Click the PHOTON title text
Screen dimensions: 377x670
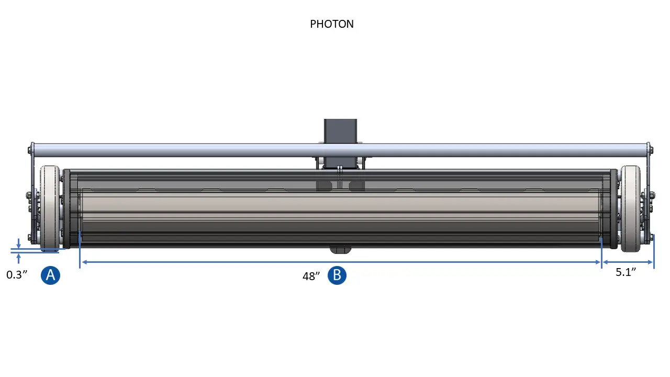(332, 24)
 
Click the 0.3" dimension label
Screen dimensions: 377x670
(17, 275)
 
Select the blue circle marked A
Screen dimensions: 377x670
(51, 275)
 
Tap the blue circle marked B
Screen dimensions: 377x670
(337, 275)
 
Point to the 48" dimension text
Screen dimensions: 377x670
(311, 276)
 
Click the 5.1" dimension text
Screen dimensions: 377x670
(626, 272)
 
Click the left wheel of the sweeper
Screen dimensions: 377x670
(50, 207)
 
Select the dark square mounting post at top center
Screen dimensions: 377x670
(340, 131)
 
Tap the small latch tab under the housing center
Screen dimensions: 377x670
(340, 249)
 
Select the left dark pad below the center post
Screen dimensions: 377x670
(324, 185)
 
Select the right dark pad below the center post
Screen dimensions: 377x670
(357, 185)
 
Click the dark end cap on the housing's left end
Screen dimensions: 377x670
(66, 208)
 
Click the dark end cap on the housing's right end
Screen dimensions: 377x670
(613, 208)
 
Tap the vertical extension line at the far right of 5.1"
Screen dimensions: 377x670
(654, 251)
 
